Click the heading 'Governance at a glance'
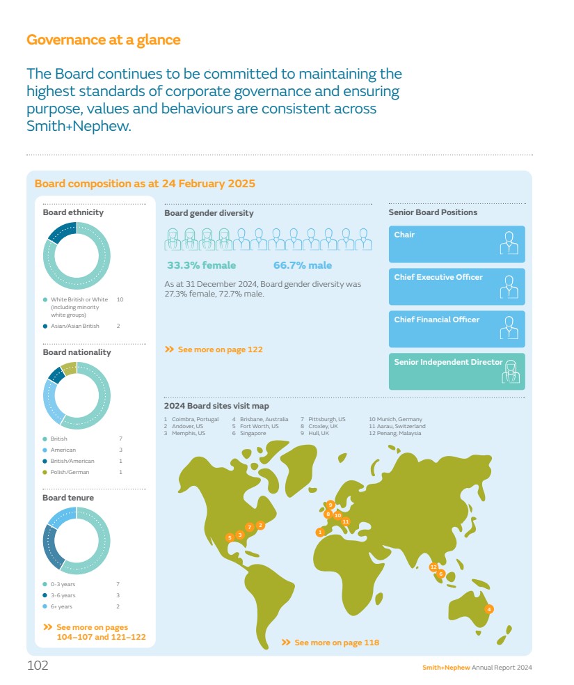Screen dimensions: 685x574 click(x=103, y=40)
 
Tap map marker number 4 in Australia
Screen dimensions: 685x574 click(x=489, y=608)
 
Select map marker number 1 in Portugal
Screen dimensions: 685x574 click(x=320, y=532)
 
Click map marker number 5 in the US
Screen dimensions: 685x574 click(x=230, y=537)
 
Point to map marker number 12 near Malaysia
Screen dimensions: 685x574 click(x=433, y=567)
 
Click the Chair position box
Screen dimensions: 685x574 click(x=456, y=244)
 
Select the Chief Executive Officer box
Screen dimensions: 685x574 click(x=456, y=286)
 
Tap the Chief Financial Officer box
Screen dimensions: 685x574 click(x=456, y=329)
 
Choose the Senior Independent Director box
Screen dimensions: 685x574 click(x=456, y=371)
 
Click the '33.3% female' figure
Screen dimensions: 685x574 click(x=201, y=265)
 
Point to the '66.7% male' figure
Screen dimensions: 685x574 click(x=302, y=265)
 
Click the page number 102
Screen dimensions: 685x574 click(x=38, y=666)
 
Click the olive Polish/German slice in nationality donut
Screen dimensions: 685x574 click(x=68, y=368)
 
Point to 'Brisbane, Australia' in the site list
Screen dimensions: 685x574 click(x=264, y=419)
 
